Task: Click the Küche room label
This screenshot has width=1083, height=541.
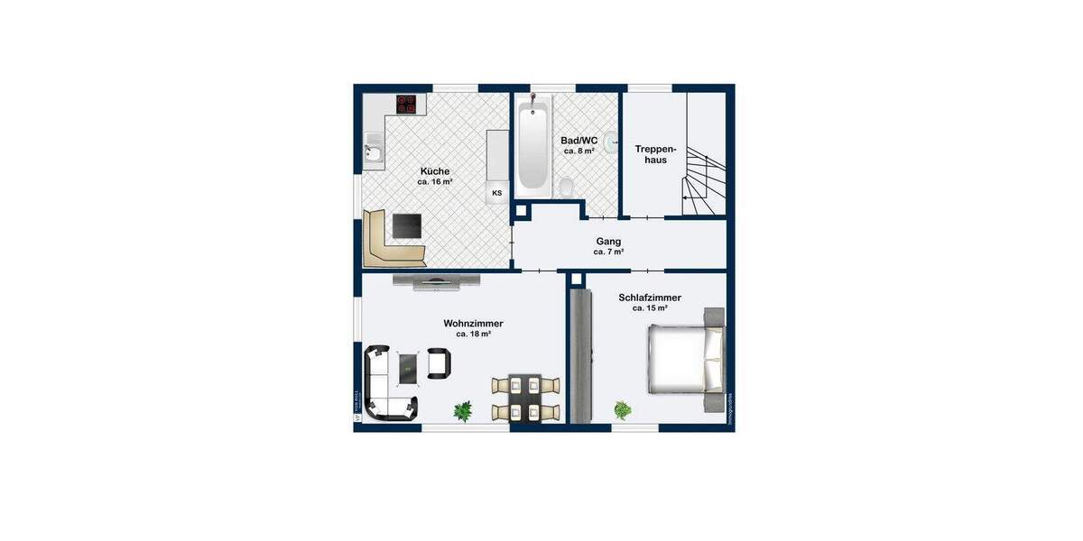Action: click(434, 170)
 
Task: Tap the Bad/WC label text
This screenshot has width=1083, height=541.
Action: click(579, 141)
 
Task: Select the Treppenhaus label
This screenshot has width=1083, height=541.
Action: click(650, 153)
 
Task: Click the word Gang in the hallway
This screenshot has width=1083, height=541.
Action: click(607, 241)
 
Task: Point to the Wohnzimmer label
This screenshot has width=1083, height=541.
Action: click(473, 323)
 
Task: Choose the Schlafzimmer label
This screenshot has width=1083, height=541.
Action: click(649, 297)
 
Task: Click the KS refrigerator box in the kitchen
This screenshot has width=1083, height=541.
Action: click(496, 193)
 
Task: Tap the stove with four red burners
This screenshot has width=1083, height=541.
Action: click(407, 105)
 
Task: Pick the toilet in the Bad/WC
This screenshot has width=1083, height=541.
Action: click(567, 187)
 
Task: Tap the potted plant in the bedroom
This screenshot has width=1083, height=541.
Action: click(623, 411)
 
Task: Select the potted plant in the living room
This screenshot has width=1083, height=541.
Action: click(463, 411)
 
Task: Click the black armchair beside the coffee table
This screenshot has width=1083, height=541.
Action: click(439, 362)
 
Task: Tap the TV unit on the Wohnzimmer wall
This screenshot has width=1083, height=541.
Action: click(437, 281)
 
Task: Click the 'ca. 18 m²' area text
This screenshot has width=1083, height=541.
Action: click(473, 335)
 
